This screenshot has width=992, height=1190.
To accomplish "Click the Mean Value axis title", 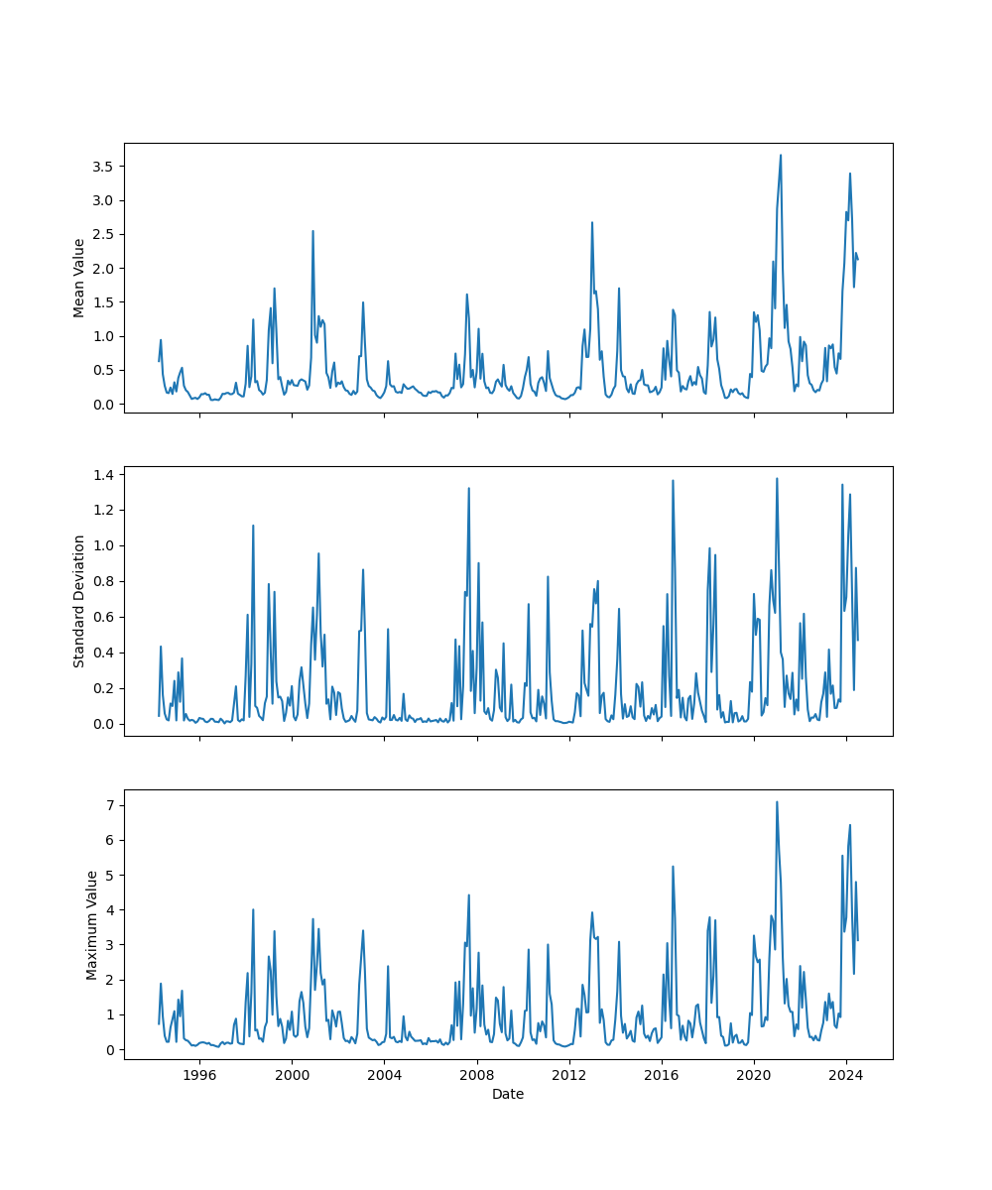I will point(79,278).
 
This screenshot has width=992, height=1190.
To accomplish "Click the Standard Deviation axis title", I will point(79,601).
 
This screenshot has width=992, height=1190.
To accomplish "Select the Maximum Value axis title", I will point(92,924).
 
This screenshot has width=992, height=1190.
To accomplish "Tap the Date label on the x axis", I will point(508,1094).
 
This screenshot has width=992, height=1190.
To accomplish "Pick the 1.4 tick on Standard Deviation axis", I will point(102,474).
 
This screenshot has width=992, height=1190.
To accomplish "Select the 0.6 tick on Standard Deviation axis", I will point(102,617).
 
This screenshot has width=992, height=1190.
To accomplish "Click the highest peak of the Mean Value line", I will point(781,155).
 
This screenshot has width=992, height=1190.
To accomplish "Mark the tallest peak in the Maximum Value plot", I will point(777,802).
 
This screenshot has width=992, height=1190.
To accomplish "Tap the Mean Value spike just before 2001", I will point(313,231).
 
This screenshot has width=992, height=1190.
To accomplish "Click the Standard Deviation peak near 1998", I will point(253,526).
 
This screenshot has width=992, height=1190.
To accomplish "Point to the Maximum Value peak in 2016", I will point(673,866).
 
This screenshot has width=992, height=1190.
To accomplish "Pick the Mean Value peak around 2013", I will point(592,222).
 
